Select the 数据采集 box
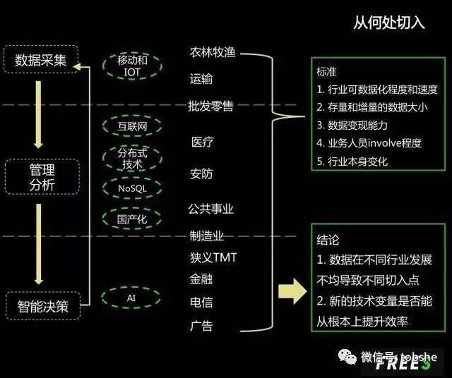coord(41,60)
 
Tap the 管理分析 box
coord(42,177)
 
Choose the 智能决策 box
coord(43,307)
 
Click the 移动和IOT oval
coord(133,66)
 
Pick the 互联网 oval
coord(132,127)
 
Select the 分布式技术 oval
coord(132,158)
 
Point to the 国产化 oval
coord(132,219)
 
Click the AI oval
coord(131,298)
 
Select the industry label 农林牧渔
coord(211,53)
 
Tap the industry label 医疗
coord(202,142)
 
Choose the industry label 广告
coord(201,326)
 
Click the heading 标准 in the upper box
coord(327,71)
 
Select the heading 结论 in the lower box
coord(328,240)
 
